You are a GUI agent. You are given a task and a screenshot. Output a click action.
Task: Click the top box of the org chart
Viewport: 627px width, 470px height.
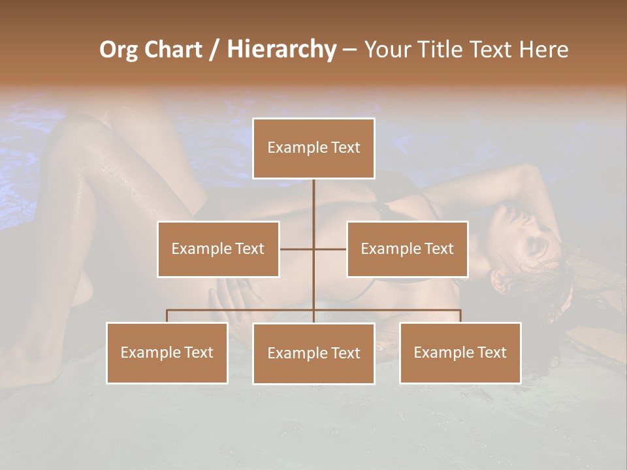coord(313,148)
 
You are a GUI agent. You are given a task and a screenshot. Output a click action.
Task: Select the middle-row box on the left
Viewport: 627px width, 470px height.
coord(218,249)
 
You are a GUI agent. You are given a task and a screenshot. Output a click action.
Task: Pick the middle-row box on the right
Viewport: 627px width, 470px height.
coord(407,249)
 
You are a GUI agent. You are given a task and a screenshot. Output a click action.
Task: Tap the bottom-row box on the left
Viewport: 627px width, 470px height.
coord(167,352)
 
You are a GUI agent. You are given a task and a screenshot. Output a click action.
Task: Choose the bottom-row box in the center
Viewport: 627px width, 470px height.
coord(313,353)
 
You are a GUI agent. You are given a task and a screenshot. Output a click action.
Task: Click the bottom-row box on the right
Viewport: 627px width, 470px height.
coord(460,352)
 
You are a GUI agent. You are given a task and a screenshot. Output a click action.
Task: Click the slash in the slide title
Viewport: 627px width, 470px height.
coord(214,50)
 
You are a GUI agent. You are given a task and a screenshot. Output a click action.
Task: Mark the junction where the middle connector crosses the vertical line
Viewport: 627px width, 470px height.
coord(313,249)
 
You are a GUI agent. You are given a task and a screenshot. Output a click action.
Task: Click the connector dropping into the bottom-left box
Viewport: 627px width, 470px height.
coord(167,316)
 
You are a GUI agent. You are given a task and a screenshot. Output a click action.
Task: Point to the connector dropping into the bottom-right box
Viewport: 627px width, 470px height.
coord(460,316)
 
